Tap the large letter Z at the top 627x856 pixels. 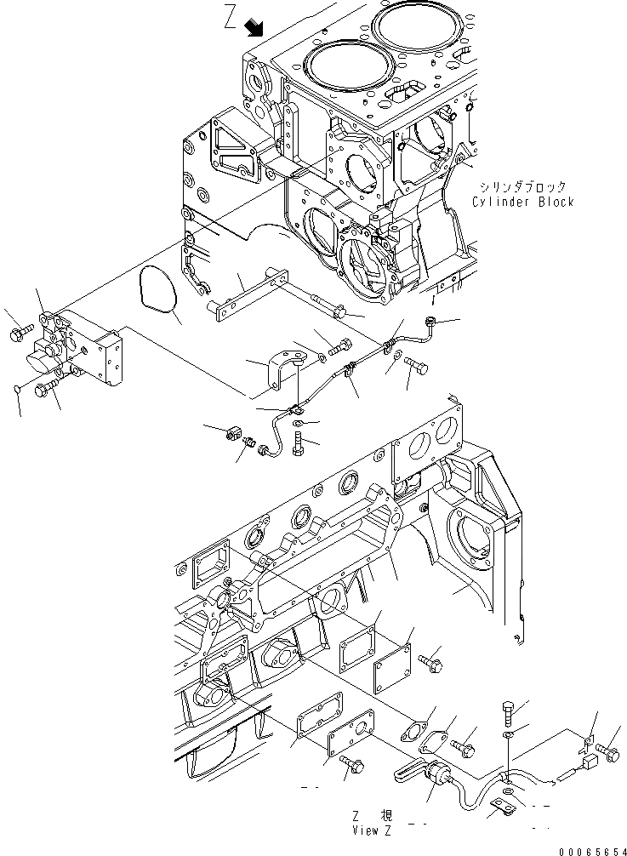[x=231, y=20]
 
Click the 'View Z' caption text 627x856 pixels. [x=351, y=830]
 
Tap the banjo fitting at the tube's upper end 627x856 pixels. [x=431, y=322]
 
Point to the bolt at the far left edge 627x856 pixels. [x=19, y=329]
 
